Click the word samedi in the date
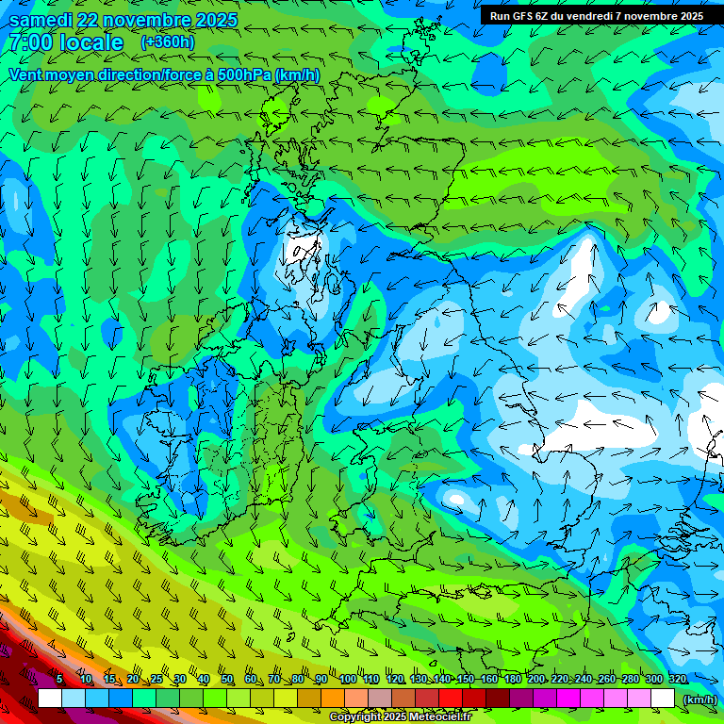click(x=42, y=20)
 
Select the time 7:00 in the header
click(x=30, y=42)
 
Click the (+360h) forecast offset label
click(x=168, y=41)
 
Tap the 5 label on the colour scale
click(x=59, y=680)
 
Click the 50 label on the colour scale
click(x=227, y=680)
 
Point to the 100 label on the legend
click(x=347, y=680)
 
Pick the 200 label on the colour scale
click(x=536, y=680)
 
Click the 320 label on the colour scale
click(x=678, y=680)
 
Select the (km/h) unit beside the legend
click(x=699, y=699)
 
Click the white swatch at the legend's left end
click(x=50, y=698)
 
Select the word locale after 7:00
click(x=90, y=42)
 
